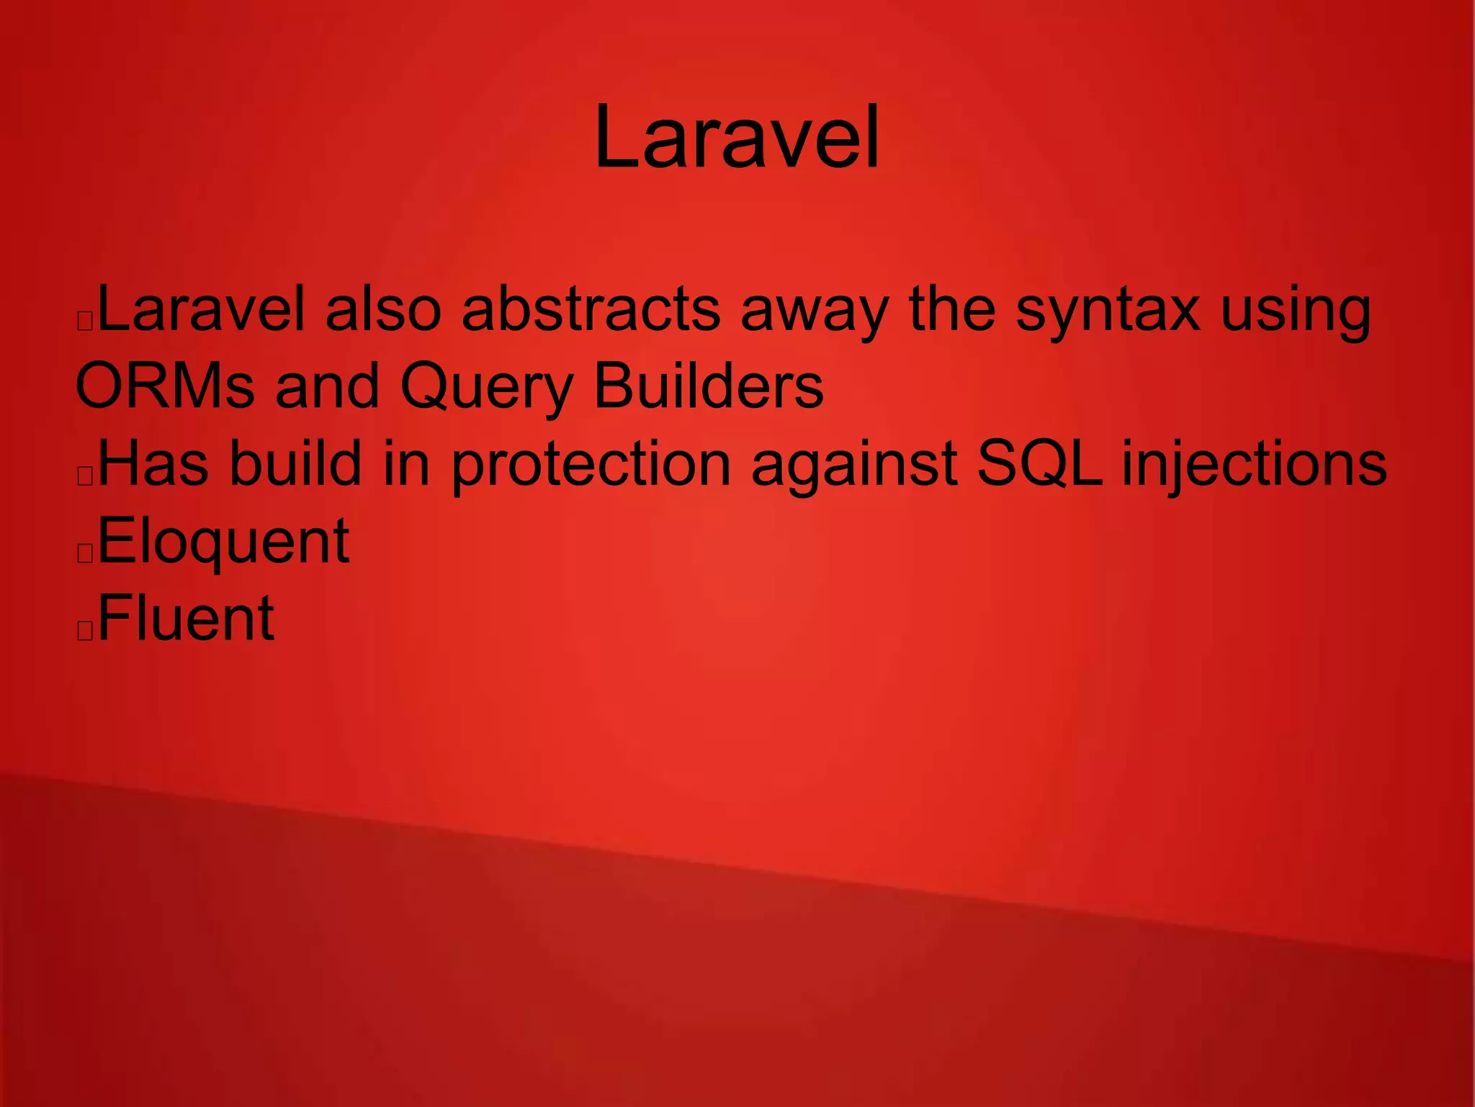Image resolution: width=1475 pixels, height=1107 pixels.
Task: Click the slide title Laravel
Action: click(737, 137)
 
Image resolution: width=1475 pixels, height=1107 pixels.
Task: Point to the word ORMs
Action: click(165, 386)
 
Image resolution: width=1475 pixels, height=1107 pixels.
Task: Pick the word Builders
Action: click(709, 386)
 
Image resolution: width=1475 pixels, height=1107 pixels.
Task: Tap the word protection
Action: click(591, 466)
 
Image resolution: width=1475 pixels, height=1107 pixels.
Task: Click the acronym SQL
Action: click(1039, 464)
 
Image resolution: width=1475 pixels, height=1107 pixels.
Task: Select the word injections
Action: click(1254, 466)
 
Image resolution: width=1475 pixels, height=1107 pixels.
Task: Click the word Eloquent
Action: click(223, 542)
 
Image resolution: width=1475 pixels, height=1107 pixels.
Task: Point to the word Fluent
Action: click(186, 618)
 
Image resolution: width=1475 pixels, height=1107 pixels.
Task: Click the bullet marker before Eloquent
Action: click(85, 553)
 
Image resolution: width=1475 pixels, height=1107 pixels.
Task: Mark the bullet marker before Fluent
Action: click(85, 630)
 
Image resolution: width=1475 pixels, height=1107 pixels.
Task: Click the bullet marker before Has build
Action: click(85, 476)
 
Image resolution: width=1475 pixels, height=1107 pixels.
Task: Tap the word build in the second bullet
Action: click(295, 464)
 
